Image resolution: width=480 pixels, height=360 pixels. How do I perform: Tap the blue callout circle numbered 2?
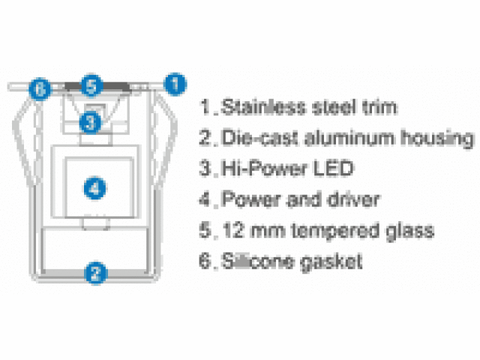(x=94, y=273)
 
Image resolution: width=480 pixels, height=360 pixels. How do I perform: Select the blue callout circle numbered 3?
(x=89, y=120)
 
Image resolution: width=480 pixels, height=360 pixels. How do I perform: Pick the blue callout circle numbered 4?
(x=93, y=188)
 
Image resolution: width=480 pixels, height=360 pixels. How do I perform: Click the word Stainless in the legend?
(x=258, y=106)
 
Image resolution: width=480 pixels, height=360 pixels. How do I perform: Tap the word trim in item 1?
(x=379, y=106)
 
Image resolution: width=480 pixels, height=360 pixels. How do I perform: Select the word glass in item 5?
(x=412, y=231)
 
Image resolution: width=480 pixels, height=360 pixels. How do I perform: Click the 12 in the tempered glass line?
(x=230, y=230)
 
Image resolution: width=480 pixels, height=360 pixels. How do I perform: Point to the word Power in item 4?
(x=247, y=199)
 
